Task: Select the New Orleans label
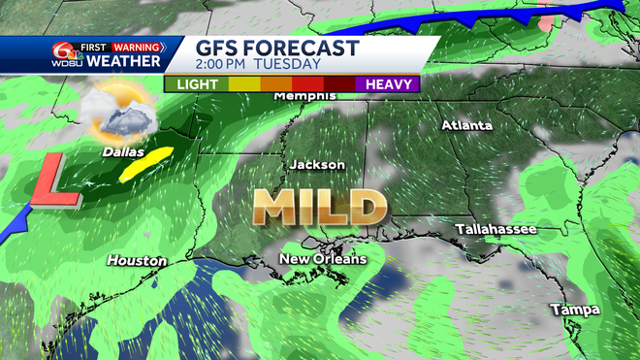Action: coord(323,259)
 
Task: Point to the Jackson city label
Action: coord(316,165)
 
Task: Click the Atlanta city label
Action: coord(467,125)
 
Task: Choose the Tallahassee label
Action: coord(496,229)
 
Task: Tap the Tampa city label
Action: coord(574,310)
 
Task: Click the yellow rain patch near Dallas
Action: coord(143,165)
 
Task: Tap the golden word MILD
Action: coord(318,207)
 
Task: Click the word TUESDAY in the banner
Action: coord(289,64)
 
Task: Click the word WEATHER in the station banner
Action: coord(124,61)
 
